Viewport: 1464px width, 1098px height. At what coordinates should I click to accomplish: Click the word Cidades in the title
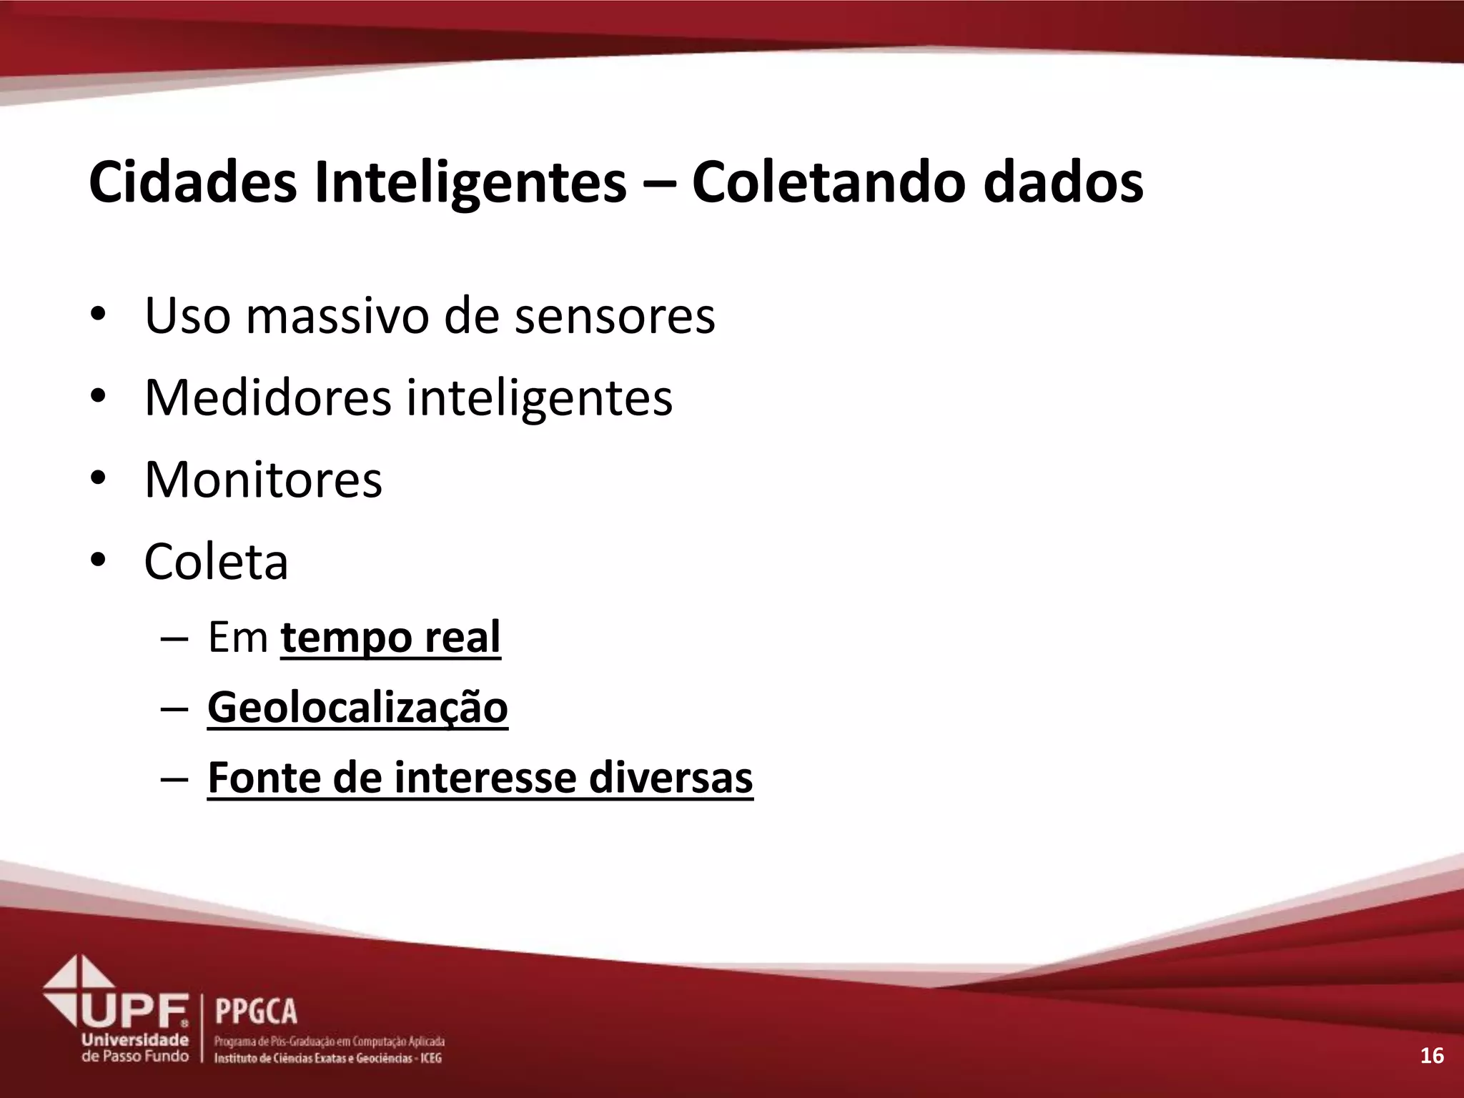[192, 183]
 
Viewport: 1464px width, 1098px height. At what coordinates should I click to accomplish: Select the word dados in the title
[1063, 183]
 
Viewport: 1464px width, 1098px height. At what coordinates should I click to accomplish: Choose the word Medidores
[267, 397]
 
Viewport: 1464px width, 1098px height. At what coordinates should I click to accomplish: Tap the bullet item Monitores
[263, 480]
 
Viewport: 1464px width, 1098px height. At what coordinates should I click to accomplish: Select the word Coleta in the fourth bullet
[216, 562]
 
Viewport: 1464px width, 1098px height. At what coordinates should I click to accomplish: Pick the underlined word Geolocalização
[357, 708]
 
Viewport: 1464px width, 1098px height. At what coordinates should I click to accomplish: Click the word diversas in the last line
[671, 778]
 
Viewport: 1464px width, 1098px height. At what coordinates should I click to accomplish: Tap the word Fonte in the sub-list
[262, 778]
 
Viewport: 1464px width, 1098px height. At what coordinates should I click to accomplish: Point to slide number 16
[1432, 1055]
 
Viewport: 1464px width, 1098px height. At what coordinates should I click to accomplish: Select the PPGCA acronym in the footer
[256, 1012]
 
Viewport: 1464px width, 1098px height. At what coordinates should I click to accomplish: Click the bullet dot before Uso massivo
[98, 315]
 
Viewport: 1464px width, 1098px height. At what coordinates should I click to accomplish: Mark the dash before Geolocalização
[174, 708]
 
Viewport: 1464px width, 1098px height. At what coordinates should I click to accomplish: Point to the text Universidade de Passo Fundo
[135, 1048]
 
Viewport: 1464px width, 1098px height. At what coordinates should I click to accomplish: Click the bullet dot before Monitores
[98, 480]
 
